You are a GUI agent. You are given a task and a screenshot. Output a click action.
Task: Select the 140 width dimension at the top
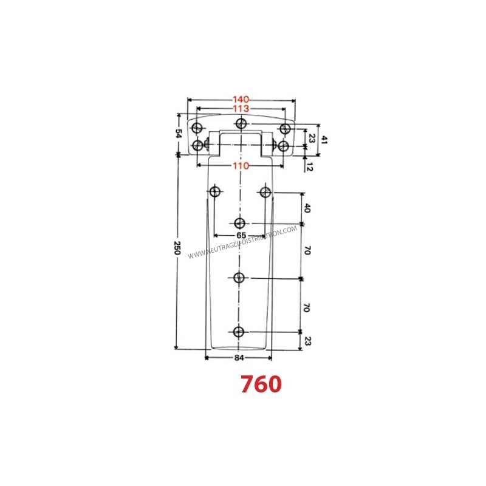coord(242,100)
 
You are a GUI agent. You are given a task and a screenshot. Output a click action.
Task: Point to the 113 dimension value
coord(242,109)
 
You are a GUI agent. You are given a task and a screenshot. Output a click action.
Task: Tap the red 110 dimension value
coord(242,165)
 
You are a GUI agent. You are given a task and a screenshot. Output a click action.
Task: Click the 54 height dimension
coord(179,134)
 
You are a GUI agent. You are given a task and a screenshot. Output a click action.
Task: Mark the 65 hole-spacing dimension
coord(241,234)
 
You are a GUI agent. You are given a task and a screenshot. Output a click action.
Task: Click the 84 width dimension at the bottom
coord(239,358)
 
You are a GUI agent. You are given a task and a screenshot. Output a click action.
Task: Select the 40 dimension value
coord(307,208)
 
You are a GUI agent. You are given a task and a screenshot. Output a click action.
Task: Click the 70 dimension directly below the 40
coord(307,251)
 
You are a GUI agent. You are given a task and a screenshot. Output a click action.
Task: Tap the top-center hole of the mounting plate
coord(242,125)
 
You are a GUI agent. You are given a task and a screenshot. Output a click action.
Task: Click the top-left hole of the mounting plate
coord(197,129)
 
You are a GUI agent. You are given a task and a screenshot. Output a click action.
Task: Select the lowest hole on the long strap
coord(239,332)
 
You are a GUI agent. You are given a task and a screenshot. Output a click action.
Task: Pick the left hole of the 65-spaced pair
coord(214,193)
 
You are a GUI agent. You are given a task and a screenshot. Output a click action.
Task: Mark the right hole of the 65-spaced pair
coord(264,193)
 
